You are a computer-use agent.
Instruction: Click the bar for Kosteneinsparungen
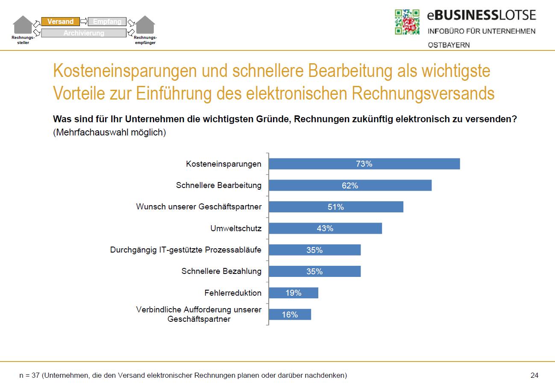tap(364, 164)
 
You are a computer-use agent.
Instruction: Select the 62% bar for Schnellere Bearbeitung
tap(350, 185)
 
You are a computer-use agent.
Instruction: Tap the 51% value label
tap(336, 207)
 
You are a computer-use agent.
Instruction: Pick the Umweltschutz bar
tap(325, 229)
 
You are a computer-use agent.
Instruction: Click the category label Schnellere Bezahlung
tap(221, 271)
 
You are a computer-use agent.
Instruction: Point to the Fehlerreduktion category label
tap(233, 293)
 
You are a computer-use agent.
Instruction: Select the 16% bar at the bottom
tap(290, 315)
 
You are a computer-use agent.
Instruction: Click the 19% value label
tap(294, 293)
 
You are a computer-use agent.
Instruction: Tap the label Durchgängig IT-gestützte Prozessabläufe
tap(186, 250)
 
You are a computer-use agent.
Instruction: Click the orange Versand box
tap(60, 21)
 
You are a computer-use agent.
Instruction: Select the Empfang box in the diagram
tap(107, 21)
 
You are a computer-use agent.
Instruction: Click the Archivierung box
tap(84, 33)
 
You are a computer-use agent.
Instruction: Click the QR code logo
tap(407, 22)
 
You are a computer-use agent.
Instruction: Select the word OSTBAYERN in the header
tap(448, 45)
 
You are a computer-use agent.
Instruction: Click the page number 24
tap(534, 376)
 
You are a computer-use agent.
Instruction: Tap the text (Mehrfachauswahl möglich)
tap(109, 132)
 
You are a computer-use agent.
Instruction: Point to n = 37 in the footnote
tap(29, 376)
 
